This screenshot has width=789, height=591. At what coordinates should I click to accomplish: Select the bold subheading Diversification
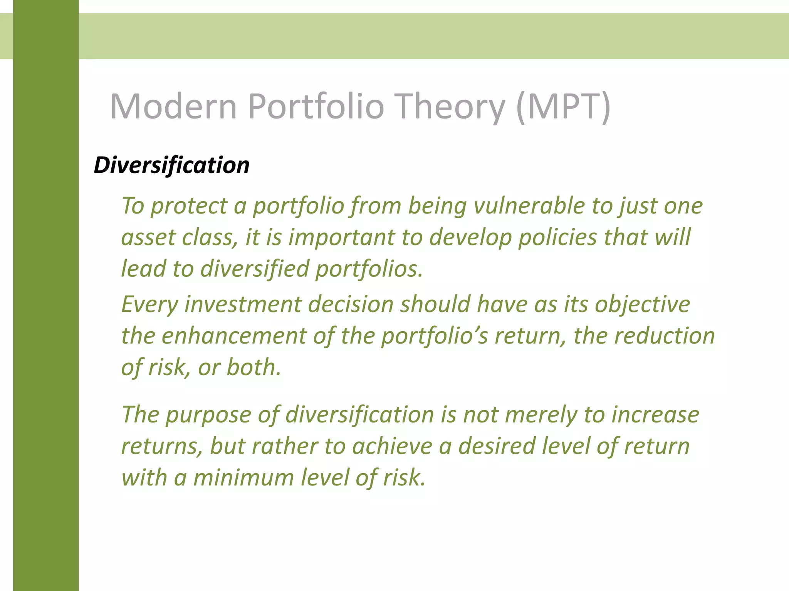click(171, 165)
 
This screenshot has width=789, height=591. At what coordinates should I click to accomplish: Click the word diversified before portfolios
click(255, 269)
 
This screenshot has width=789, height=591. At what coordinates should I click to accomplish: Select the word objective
click(642, 304)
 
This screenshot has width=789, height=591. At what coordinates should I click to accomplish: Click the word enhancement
click(234, 336)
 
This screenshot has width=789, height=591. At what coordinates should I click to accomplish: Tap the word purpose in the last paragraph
click(208, 415)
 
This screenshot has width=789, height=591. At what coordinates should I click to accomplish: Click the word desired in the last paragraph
click(497, 446)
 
